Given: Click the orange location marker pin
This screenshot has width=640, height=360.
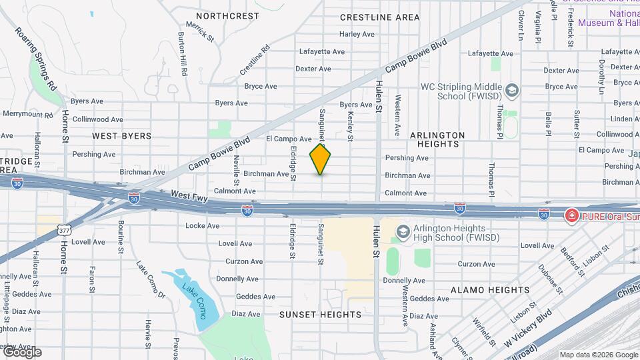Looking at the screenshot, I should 321,159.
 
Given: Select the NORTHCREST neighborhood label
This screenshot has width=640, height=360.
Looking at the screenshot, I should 227,16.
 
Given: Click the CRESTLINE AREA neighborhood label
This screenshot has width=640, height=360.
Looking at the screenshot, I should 379,17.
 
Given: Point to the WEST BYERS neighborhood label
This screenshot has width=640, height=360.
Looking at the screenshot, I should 122,136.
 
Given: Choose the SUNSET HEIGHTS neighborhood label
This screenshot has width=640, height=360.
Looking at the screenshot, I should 311,314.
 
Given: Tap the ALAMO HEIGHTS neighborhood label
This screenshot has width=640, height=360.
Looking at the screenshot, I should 490,290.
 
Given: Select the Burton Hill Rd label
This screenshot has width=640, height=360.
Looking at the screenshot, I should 181,54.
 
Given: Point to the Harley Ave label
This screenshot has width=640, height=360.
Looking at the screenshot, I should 357,34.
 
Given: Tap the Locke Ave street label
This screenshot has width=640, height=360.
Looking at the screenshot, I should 203,226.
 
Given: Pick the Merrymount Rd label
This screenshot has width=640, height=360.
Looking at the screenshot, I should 27,114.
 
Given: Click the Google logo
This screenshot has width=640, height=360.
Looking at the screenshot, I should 21,351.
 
